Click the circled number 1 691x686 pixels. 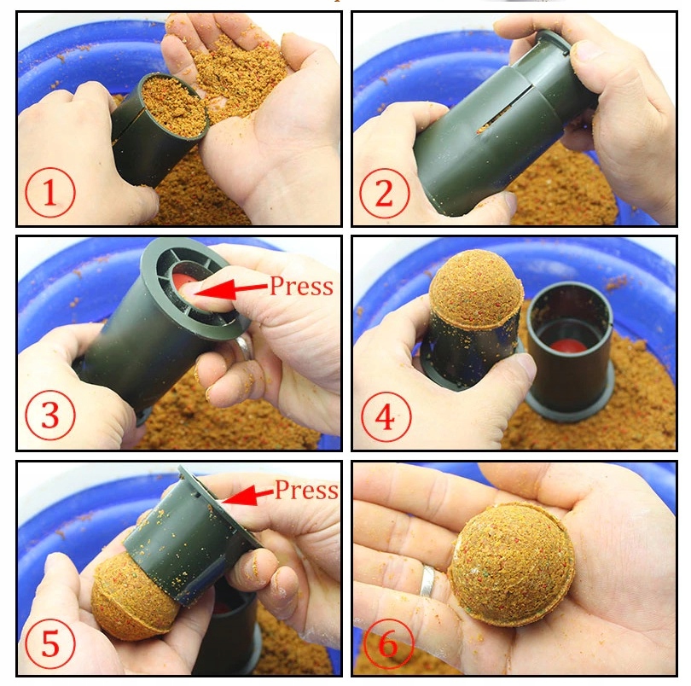pos(49,193)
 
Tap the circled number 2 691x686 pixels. pos(384,193)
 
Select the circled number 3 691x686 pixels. pos(49,415)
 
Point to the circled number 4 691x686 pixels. pos(386,417)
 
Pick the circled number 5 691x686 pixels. pos(49,643)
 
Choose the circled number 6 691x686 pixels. pos(388,644)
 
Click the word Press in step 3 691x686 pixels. pos(301,287)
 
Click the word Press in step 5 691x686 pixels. pos(306,490)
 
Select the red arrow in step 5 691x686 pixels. pos(247,496)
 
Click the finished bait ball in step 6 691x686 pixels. pos(511,565)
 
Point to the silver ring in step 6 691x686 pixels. pos(427,581)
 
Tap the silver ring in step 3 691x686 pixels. pos(243,348)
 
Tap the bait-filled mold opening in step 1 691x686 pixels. pos(175,107)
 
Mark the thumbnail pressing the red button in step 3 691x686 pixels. pos(189,288)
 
